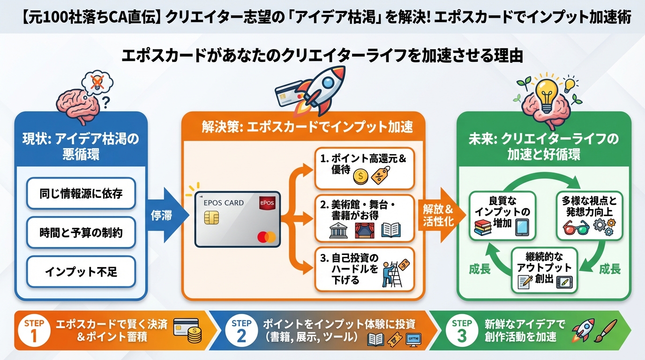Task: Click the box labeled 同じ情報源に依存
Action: (81, 194)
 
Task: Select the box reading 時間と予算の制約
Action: (81, 232)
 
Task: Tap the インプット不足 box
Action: (81, 271)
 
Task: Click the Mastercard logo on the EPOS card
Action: (267, 237)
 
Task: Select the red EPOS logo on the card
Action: (268, 204)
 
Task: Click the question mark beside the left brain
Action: (106, 101)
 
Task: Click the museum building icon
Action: (338, 231)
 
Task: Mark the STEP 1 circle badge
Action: (35, 330)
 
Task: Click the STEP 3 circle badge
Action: (462, 330)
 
